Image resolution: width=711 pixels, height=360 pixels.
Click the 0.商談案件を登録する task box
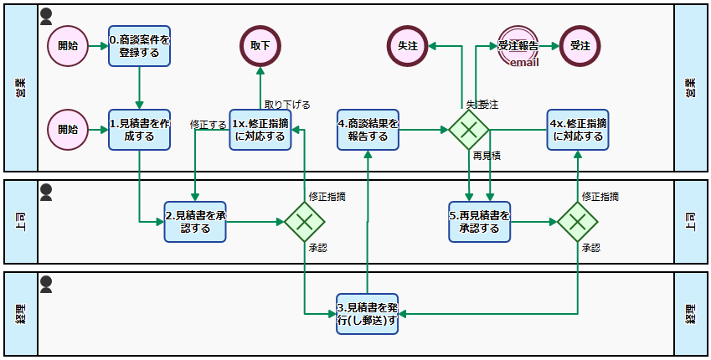click(x=139, y=46)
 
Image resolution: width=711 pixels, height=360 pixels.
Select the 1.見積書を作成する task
click(x=139, y=130)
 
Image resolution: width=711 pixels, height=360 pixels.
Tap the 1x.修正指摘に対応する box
click(x=260, y=130)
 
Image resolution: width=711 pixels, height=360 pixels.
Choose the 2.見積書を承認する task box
click(x=195, y=221)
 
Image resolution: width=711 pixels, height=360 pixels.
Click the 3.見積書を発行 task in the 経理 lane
click(x=367, y=313)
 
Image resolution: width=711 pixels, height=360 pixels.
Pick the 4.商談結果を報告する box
click(x=368, y=130)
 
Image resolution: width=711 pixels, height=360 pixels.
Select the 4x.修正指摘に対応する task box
click(x=578, y=130)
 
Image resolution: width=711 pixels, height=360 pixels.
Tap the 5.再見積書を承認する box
click(x=479, y=221)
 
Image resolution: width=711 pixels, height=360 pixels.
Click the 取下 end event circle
click(x=260, y=46)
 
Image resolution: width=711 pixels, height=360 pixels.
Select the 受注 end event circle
click(x=579, y=46)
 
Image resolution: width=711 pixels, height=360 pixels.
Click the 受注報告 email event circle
click(x=518, y=46)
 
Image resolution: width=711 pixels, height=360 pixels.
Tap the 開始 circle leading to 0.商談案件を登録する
click(x=68, y=46)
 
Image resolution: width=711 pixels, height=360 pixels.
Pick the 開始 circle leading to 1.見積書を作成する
click(x=68, y=130)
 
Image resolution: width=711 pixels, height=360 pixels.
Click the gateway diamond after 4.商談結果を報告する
click(x=469, y=130)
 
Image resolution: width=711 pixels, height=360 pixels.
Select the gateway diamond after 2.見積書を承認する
click(x=304, y=221)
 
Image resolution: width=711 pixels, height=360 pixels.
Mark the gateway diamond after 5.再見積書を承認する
click(x=578, y=221)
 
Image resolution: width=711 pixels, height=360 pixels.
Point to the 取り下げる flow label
click(x=287, y=105)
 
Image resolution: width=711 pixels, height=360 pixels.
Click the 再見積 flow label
click(x=486, y=156)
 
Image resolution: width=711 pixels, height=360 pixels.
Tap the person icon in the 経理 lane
click(x=47, y=284)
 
